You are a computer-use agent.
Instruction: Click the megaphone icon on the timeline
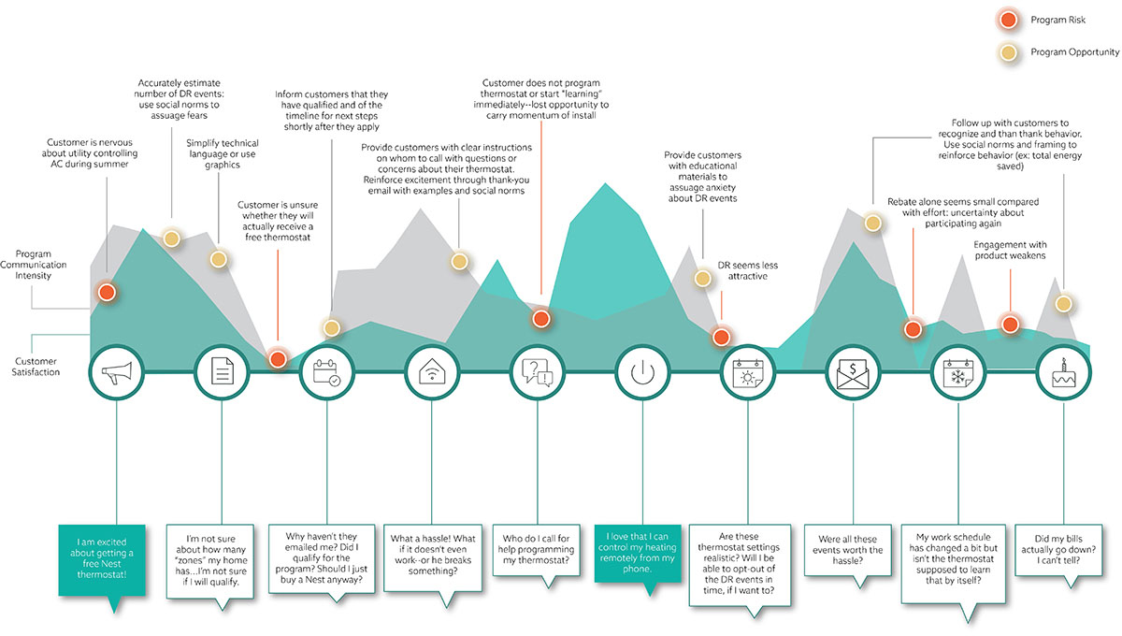pos(116,374)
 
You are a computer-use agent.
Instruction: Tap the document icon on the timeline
pos(222,374)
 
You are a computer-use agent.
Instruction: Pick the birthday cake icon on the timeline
pos(1065,374)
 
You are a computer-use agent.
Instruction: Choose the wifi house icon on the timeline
pos(433,374)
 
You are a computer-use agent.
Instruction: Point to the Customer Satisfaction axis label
pos(36,367)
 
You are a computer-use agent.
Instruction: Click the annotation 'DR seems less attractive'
pos(747,271)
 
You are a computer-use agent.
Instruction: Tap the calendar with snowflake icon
pos(959,374)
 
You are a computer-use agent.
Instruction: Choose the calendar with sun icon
pos(748,374)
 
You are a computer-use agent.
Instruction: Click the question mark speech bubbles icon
pos(538,374)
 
